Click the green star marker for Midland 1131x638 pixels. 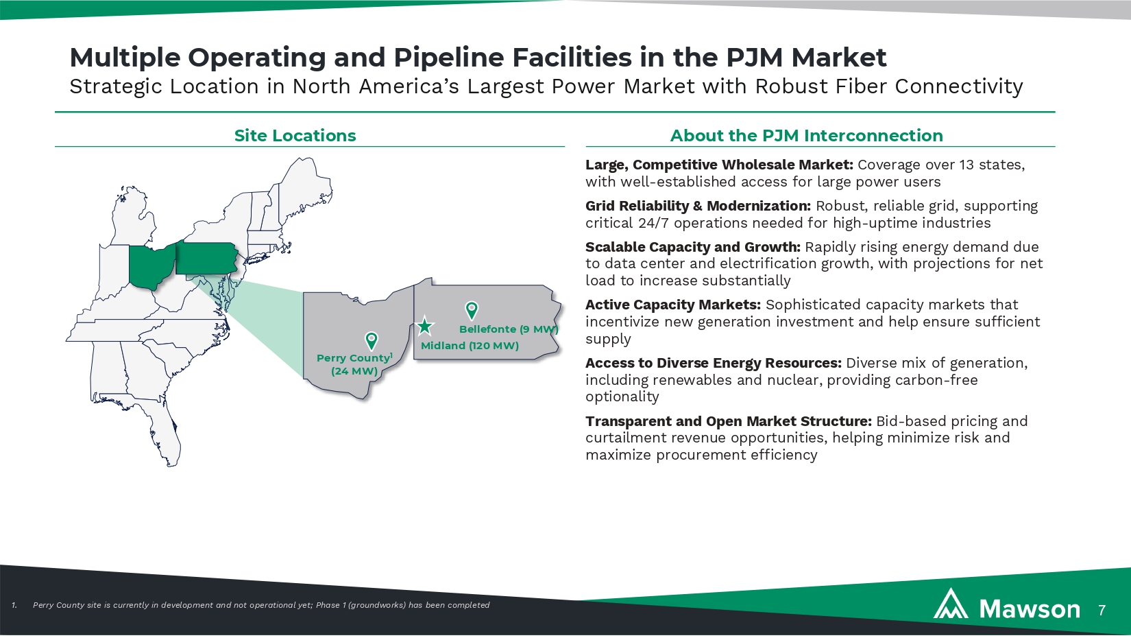point(425,326)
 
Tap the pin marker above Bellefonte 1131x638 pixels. point(472,310)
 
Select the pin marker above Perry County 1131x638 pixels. point(372,340)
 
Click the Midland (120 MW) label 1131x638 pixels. point(470,346)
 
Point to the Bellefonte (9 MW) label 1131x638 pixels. point(509,329)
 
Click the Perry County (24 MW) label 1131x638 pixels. point(354,364)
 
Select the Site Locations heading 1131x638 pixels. point(295,136)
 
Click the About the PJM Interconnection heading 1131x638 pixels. point(806,136)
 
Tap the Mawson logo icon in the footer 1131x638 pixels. point(951,604)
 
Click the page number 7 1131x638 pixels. point(1102,610)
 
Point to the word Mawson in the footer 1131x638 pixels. point(1030,609)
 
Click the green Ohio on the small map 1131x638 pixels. point(151,265)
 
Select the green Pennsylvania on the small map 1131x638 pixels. point(206,258)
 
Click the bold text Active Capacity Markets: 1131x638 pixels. point(672,305)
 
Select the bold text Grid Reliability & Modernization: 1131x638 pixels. point(698,206)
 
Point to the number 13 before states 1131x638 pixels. point(966,165)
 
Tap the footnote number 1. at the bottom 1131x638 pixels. point(14,605)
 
